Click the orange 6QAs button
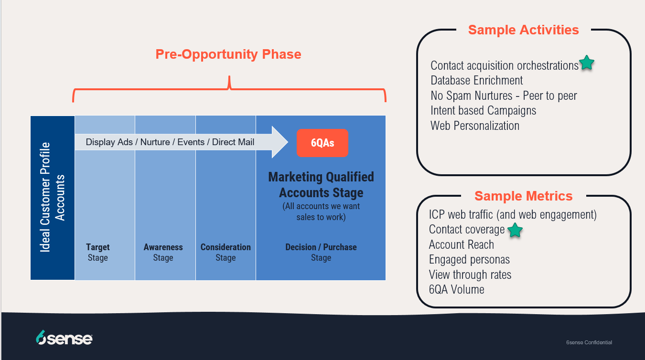[322, 143]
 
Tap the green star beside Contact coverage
[515, 230]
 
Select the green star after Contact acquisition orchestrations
[587, 63]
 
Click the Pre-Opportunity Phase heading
[228, 54]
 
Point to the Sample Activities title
[523, 30]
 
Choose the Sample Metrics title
[523, 196]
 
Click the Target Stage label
[98, 252]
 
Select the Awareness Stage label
[163, 252]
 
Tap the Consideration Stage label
[226, 252]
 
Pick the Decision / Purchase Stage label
[321, 252]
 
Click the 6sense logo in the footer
[64, 337]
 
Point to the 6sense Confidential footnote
[589, 342]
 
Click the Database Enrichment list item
[476, 80]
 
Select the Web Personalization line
[475, 126]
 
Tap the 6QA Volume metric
[456, 289]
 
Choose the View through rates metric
[470, 275]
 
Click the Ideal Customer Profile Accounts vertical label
[52, 197]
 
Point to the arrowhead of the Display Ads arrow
[287, 142]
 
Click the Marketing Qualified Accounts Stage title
[321, 185]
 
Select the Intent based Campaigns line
[483, 111]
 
